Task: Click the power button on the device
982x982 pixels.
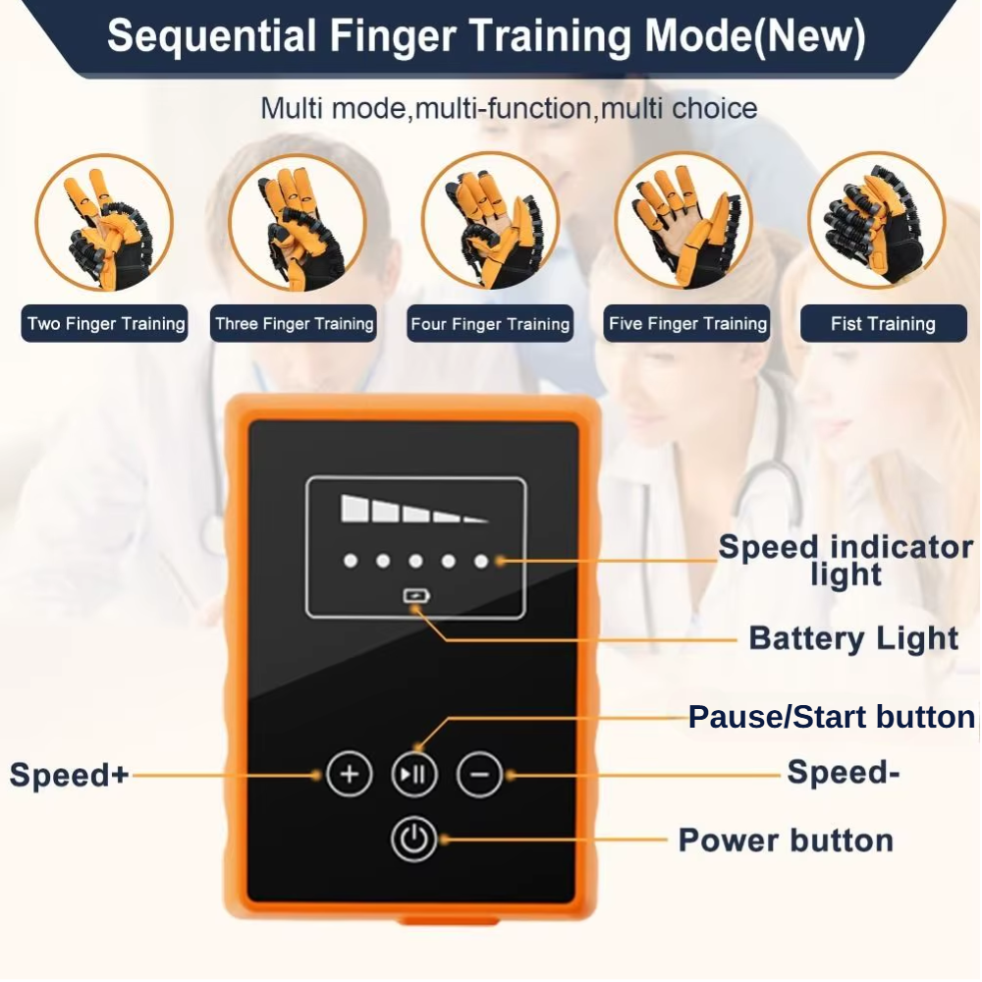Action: click(x=413, y=840)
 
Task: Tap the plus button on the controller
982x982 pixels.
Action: click(x=349, y=774)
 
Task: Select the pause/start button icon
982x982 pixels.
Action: click(x=413, y=775)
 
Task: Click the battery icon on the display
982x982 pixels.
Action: click(x=415, y=594)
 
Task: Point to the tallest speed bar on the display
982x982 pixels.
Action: click(x=353, y=508)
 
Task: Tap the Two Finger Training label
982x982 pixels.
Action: click(x=105, y=324)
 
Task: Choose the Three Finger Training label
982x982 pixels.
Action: click(x=295, y=324)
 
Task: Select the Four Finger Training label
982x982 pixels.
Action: click(x=490, y=324)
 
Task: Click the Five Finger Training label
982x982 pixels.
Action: click(x=687, y=324)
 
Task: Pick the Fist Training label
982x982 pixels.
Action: click(x=883, y=324)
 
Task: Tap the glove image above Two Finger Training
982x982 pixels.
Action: click(x=104, y=223)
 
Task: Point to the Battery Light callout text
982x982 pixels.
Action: click(x=853, y=638)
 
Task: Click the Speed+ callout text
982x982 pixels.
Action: click(x=69, y=775)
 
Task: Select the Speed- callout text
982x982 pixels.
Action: click(x=844, y=773)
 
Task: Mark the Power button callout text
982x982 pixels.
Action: click(x=786, y=841)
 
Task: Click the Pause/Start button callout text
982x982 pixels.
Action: click(x=830, y=717)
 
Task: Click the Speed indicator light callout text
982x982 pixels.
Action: click(x=846, y=560)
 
